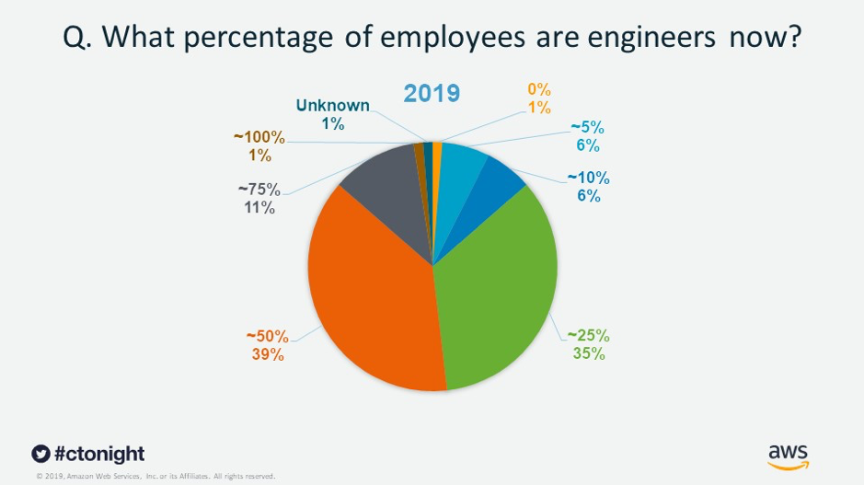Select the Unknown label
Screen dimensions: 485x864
(x=332, y=105)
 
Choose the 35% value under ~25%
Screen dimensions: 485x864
(x=586, y=353)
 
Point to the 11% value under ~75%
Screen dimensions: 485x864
(x=259, y=208)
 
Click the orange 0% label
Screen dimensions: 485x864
(x=538, y=90)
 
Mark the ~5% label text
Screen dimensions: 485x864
(x=587, y=127)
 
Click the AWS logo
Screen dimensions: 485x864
(x=788, y=456)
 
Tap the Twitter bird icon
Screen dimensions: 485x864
(x=40, y=454)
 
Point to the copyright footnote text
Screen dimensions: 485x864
(x=156, y=476)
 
